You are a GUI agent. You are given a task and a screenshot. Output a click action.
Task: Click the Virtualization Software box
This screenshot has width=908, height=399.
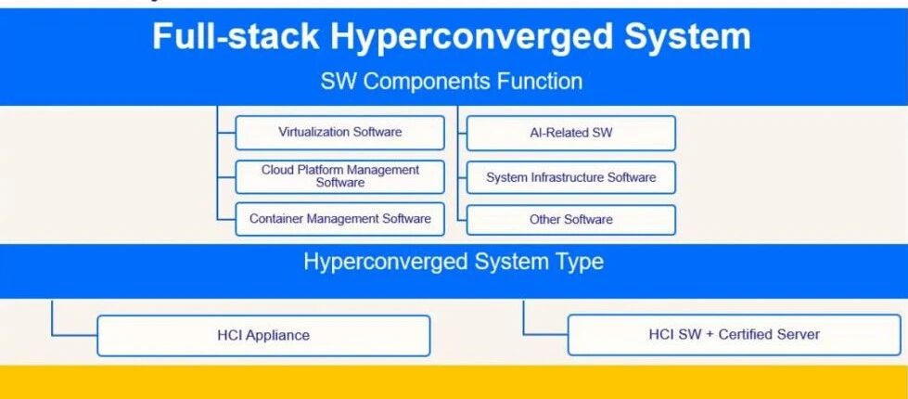(x=339, y=133)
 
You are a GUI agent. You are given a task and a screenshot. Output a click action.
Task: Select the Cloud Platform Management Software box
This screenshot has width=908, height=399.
(x=339, y=176)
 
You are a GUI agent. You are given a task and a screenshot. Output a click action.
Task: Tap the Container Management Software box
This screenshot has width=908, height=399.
(x=339, y=219)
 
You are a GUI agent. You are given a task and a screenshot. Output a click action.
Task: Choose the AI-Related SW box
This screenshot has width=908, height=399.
(x=570, y=133)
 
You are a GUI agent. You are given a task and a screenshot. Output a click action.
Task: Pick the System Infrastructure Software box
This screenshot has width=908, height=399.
(x=570, y=176)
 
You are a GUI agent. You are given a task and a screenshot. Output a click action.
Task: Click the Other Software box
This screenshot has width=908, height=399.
(x=570, y=219)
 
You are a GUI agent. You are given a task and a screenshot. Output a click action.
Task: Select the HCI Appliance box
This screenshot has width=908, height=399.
(x=263, y=335)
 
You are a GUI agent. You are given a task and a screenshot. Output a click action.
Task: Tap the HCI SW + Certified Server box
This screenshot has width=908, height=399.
(x=734, y=334)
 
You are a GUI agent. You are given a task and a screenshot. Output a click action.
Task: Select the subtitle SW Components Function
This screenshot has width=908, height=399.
(x=452, y=81)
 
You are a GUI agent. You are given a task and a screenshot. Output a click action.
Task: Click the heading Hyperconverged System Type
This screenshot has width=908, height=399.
(x=453, y=262)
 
